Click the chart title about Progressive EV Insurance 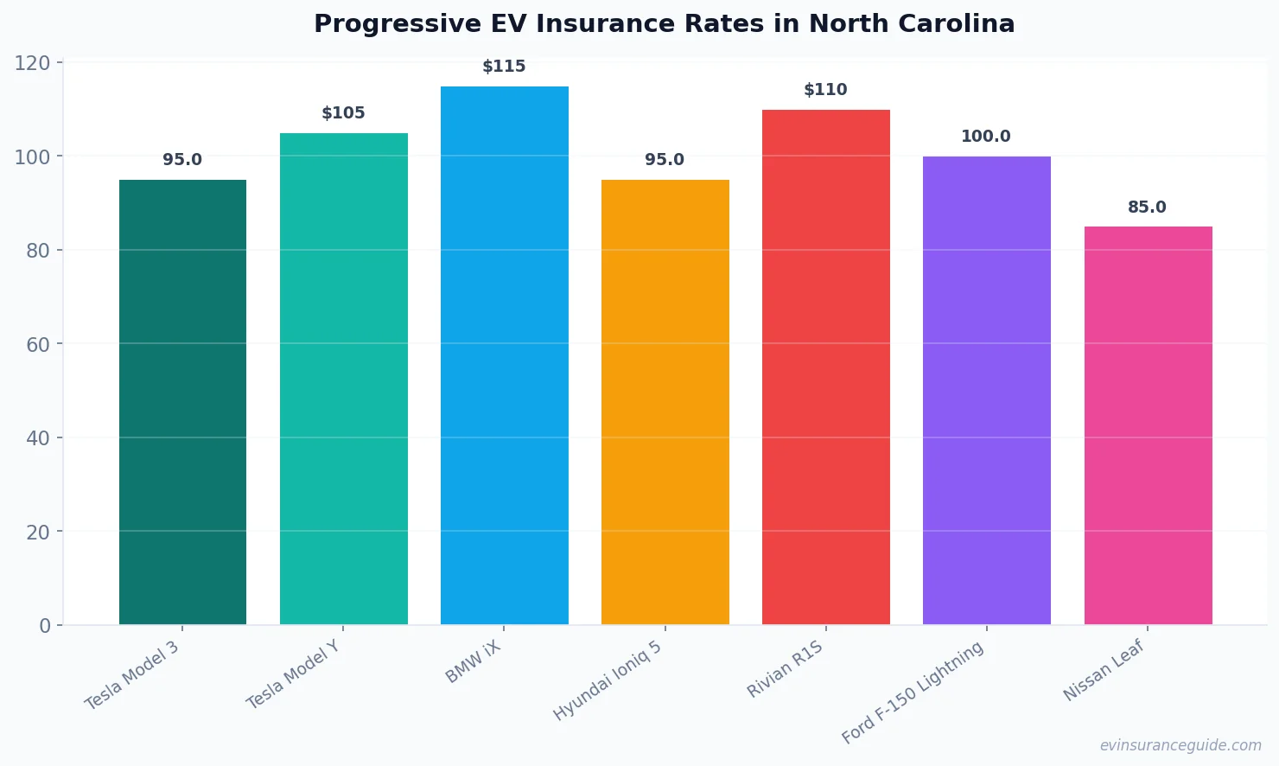point(664,24)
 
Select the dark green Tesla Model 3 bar point(182,402)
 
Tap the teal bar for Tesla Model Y point(343,379)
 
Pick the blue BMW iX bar point(504,355)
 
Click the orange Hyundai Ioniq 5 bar point(665,402)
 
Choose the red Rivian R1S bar point(825,367)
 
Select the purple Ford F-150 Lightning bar point(986,390)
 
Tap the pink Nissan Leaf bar point(1148,425)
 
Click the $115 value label point(504,67)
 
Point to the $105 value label point(343,113)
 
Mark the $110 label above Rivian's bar point(825,90)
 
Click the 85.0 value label point(1147,207)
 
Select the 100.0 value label point(986,137)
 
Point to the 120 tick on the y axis point(32,63)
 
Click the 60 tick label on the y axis point(38,345)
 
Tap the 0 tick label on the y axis point(45,626)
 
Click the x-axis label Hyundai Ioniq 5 point(608,680)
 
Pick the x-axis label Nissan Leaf point(1104,670)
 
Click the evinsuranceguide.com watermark point(1180,745)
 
